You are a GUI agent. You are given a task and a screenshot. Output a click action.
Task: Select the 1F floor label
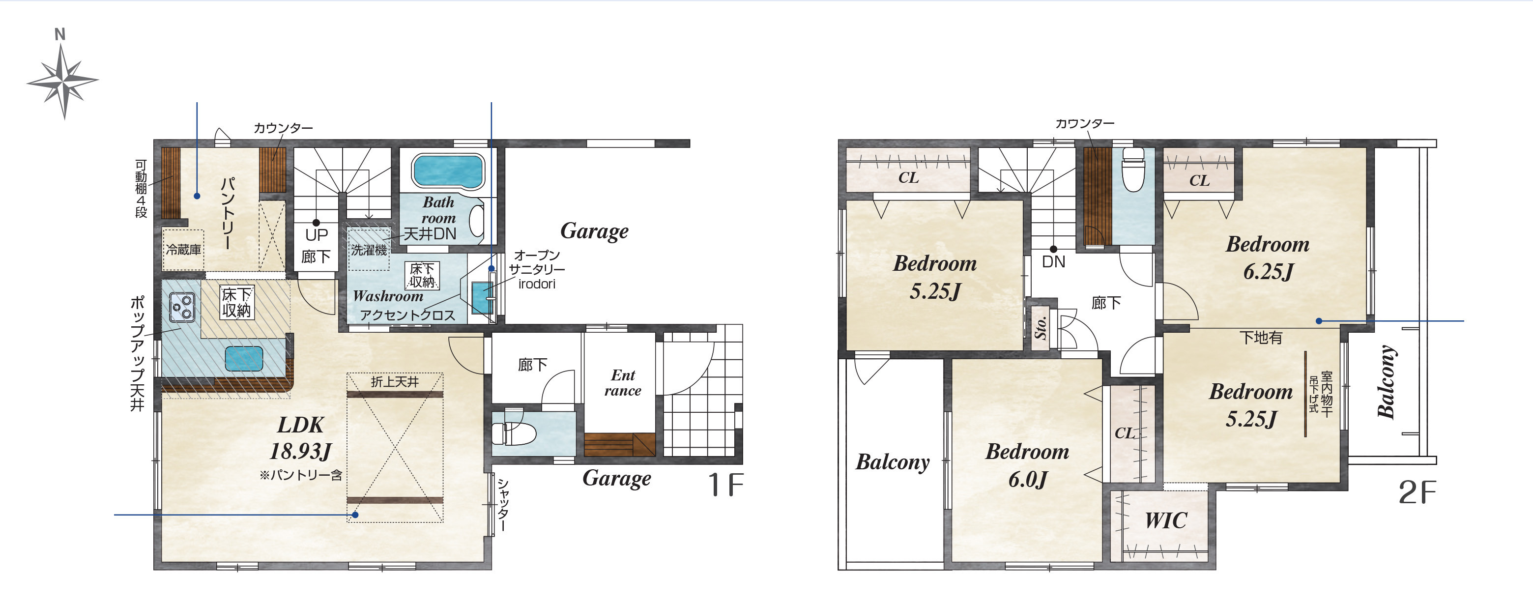[x=725, y=485]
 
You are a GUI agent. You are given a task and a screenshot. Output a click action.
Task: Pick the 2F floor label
[x=1417, y=492]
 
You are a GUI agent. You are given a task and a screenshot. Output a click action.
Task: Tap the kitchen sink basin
[x=244, y=359]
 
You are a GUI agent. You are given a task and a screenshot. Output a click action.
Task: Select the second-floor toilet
[x=1133, y=170]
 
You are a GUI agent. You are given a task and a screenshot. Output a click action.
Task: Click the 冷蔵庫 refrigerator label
[x=183, y=250]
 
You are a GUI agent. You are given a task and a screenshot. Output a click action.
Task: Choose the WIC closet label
[x=1165, y=520]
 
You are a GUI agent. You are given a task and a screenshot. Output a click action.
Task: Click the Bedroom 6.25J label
[x=1268, y=258]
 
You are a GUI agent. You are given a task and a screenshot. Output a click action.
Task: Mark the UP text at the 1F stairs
[x=316, y=235]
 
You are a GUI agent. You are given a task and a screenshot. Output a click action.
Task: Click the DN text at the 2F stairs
[x=1053, y=262]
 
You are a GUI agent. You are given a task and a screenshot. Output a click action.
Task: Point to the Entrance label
[x=622, y=382]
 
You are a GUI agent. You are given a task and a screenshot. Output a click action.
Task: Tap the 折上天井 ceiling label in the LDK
[x=395, y=382]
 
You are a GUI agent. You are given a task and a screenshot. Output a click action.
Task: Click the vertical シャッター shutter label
[x=503, y=506]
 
